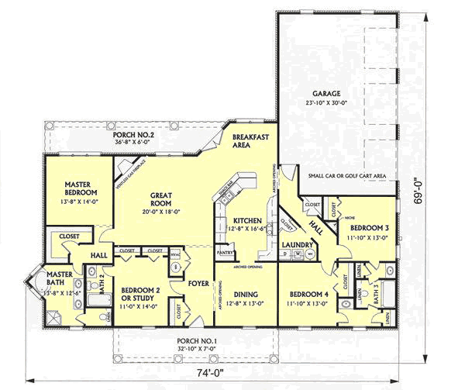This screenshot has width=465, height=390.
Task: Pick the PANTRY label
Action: click(x=226, y=252)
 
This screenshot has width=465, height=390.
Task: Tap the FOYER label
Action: click(x=198, y=284)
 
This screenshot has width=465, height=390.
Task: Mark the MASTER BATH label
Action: click(x=59, y=278)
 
